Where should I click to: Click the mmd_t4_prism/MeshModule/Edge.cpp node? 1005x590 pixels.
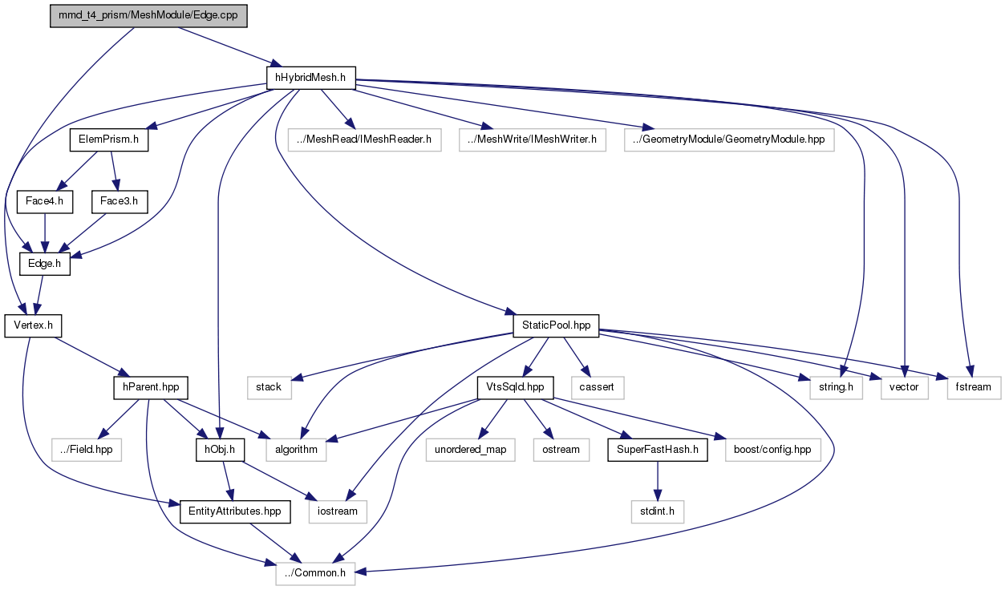[148, 16]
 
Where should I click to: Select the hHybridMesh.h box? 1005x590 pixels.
[311, 78]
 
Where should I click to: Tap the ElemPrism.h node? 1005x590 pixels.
[109, 139]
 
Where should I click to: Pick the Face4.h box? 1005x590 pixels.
[45, 201]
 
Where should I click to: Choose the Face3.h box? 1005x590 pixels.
[120, 201]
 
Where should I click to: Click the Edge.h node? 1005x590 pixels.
[45, 264]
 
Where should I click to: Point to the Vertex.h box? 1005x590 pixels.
[33, 325]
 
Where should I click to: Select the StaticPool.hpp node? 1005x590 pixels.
[556, 325]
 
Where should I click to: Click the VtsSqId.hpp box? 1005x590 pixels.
[515, 387]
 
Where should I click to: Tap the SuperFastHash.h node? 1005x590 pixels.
[657, 450]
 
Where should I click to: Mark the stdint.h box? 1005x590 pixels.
[657, 511]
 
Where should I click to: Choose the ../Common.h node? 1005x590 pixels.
[315, 573]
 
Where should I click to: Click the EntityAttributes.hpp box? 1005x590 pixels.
[235, 511]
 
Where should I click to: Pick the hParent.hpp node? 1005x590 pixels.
[151, 387]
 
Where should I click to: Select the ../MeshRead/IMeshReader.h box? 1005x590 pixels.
[364, 139]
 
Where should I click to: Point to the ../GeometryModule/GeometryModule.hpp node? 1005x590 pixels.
[729, 139]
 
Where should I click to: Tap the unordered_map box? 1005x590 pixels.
[471, 450]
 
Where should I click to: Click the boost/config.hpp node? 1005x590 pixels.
[772, 450]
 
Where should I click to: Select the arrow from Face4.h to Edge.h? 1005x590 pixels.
[44, 233]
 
